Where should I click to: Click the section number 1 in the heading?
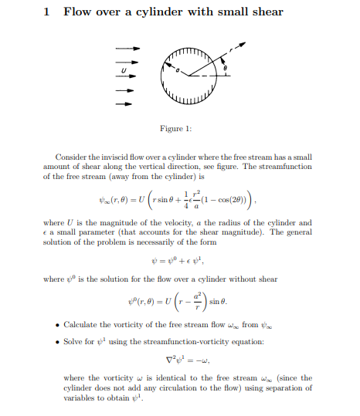(x=48, y=12)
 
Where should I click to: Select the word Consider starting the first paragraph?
(x=73, y=157)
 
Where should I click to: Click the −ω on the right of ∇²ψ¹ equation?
(x=202, y=358)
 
